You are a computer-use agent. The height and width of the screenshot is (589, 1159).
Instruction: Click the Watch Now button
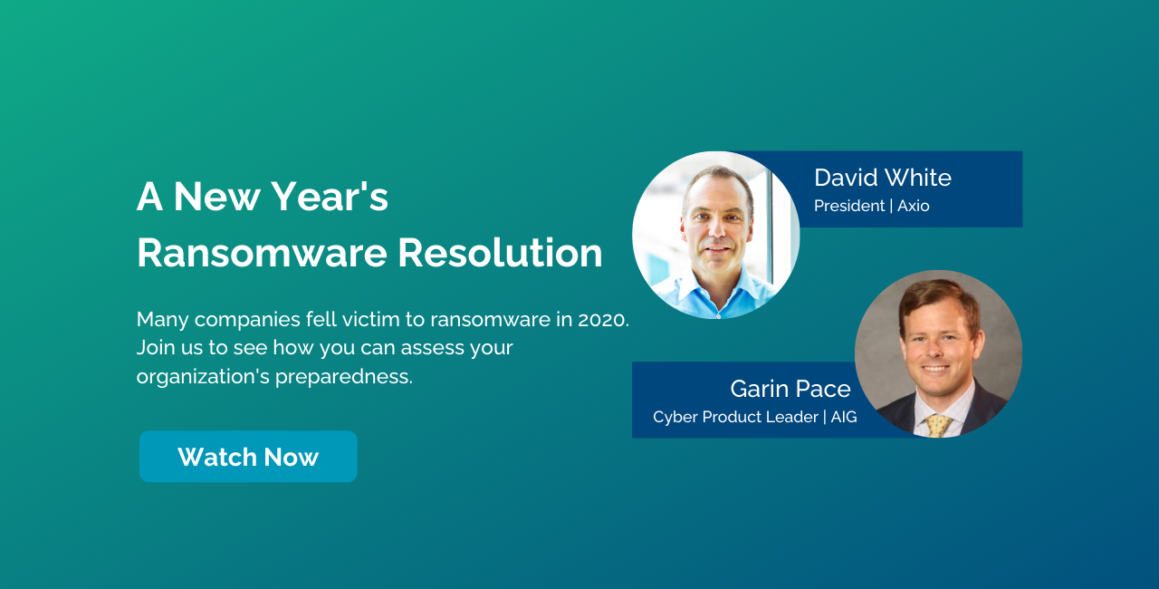[248, 457]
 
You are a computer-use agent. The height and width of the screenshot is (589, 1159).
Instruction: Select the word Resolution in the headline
[500, 253]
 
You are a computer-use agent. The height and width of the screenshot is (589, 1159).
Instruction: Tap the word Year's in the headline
[340, 197]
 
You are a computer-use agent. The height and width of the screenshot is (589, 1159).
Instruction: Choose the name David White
[882, 178]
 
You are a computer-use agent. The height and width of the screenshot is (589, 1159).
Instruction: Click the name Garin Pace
[790, 389]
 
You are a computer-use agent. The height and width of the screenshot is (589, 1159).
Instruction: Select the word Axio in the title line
[913, 206]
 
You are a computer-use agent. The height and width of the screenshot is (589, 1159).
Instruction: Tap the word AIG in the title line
[844, 417]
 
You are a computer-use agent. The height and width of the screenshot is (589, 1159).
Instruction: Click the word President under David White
[849, 206]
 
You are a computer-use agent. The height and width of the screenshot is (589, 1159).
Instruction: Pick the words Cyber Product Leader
[735, 417]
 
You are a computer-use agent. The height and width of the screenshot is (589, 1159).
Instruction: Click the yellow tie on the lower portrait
[938, 423]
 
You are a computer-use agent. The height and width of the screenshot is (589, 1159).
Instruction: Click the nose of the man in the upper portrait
[716, 229]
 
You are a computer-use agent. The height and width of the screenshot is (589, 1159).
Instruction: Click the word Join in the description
[154, 347]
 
